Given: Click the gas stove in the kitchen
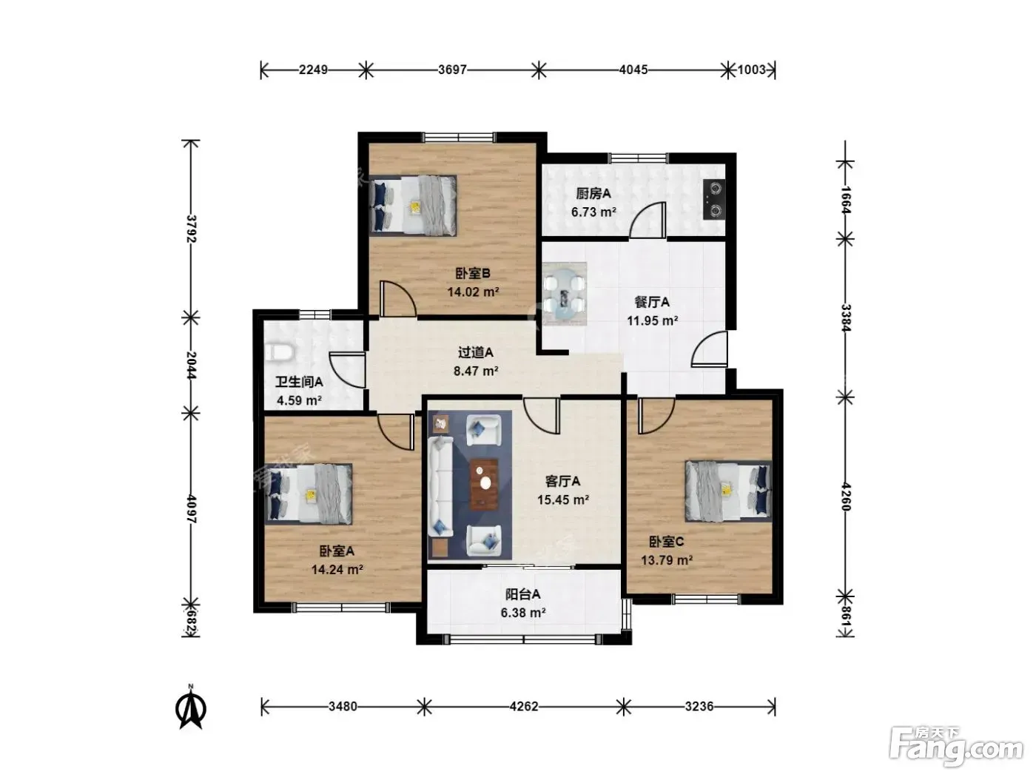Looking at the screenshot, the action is [714, 200].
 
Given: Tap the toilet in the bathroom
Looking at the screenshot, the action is [279, 353].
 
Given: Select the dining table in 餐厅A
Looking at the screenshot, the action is [565, 294].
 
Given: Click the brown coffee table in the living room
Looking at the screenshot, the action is [484, 485].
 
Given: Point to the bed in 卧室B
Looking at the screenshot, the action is [413, 206].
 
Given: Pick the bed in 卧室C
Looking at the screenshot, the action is [729, 492].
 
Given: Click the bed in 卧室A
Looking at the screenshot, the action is [309, 494].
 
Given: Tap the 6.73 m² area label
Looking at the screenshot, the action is [593, 212].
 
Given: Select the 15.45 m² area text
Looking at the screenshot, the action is [563, 499].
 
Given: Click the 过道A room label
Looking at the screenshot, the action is [476, 352].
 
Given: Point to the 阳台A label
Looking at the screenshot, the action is [523, 594].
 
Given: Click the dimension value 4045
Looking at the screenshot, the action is [633, 70].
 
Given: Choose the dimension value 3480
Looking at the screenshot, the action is [343, 706].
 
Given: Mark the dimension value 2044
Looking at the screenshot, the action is [191, 365].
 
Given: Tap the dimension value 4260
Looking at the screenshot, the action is [845, 497].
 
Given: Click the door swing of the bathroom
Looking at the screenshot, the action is [347, 370].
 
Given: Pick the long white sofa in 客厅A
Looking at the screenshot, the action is [440, 487].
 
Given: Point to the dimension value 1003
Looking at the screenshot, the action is [751, 70].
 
